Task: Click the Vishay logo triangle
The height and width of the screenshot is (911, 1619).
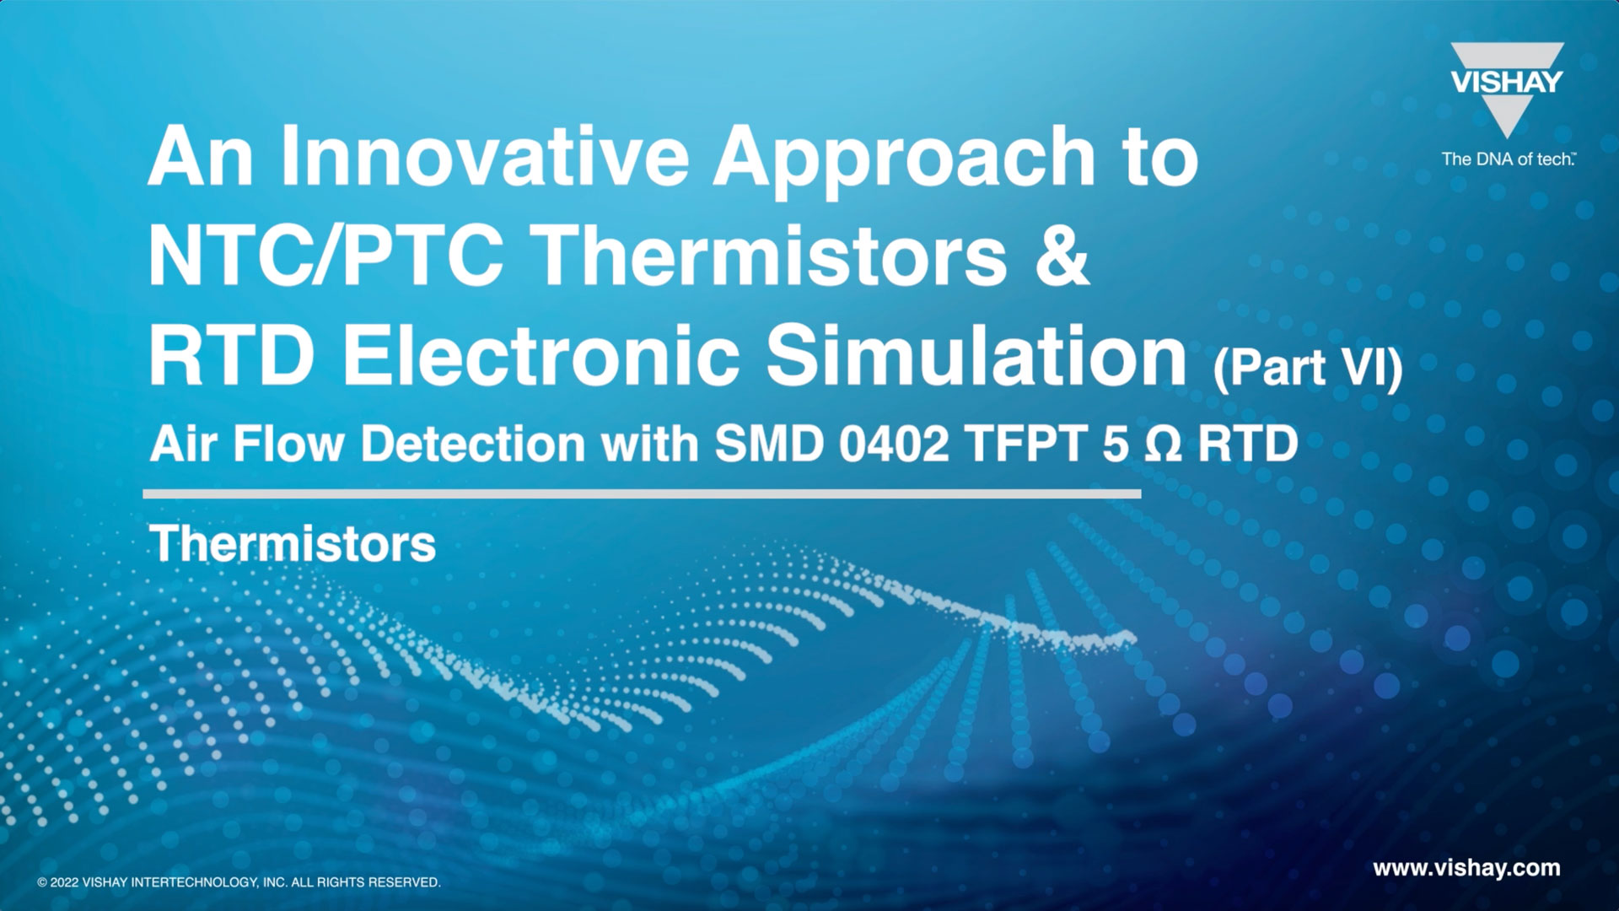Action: click(1507, 89)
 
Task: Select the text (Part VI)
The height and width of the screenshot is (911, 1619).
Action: click(1308, 368)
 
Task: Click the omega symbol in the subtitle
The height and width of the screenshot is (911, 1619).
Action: click(1163, 445)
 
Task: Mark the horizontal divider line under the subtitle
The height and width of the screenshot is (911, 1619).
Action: click(642, 493)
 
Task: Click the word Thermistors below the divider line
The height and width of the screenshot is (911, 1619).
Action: click(293, 543)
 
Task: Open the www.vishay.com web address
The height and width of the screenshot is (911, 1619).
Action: click(1466, 869)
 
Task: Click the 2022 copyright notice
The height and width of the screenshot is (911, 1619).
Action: click(239, 882)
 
